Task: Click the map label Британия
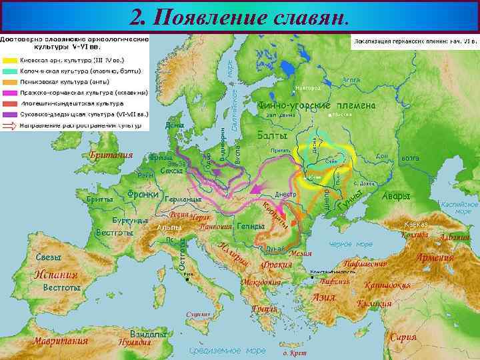111,155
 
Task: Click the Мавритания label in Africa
60,341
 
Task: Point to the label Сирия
403,337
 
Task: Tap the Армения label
434,257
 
